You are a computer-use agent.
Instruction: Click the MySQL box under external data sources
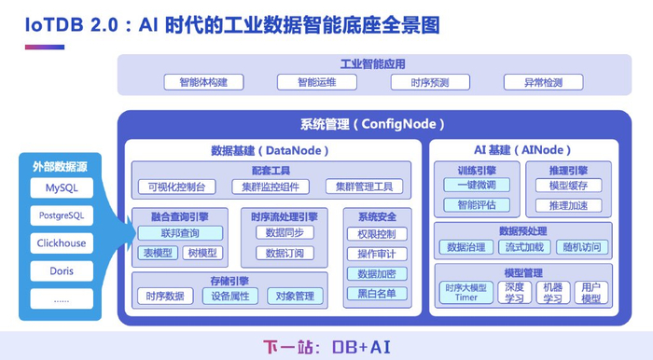[x=62, y=187]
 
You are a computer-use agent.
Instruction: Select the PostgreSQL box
[x=62, y=215]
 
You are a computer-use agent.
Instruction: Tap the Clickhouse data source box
[x=62, y=243]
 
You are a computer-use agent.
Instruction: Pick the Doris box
[x=62, y=271]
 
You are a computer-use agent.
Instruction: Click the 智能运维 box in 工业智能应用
[x=317, y=82]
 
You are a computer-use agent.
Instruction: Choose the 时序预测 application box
[x=430, y=82]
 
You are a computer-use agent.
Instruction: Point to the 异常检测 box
[x=544, y=82]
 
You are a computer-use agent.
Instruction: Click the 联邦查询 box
[x=180, y=233]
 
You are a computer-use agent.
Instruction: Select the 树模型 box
[x=202, y=253]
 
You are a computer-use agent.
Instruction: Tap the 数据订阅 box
[x=285, y=253]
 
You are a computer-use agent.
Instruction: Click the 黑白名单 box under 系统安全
[x=377, y=294]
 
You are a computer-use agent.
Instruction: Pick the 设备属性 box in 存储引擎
[x=230, y=296]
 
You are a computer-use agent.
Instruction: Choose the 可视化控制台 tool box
[x=177, y=187]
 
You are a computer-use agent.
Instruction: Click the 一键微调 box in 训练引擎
[x=477, y=185]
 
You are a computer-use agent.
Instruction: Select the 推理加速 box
[x=569, y=205]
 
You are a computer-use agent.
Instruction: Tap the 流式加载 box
[x=524, y=247]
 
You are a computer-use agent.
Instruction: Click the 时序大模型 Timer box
[x=466, y=292]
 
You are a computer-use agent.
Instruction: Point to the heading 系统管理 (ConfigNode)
[x=373, y=124]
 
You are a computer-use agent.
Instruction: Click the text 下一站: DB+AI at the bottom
[x=326, y=347]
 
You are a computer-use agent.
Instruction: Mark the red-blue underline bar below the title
[x=45, y=47]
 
